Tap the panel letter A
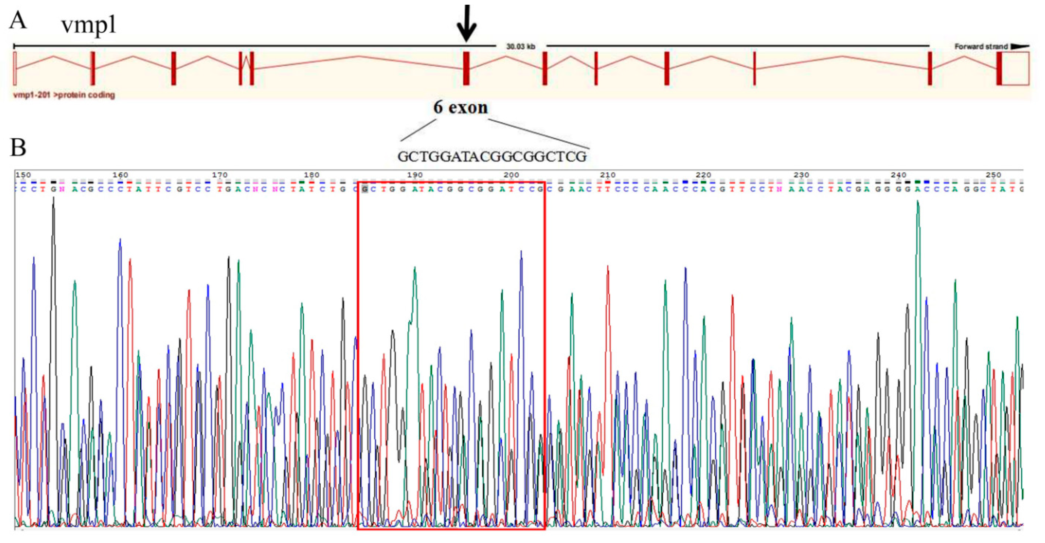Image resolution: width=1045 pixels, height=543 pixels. [x=18, y=20]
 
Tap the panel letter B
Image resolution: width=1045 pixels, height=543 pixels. [x=18, y=147]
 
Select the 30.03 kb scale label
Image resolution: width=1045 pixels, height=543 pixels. [x=521, y=46]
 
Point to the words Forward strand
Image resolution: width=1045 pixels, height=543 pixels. [x=981, y=46]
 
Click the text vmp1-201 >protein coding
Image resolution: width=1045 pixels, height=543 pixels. [x=64, y=95]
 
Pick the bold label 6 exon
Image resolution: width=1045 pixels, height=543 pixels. [x=461, y=107]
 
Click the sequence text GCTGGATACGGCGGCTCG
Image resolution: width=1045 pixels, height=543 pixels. [x=492, y=156]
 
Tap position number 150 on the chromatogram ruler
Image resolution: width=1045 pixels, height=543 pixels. [x=23, y=175]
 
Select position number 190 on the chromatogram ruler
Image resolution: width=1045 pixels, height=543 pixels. [x=415, y=175]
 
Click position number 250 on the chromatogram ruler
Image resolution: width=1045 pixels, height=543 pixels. [x=993, y=175]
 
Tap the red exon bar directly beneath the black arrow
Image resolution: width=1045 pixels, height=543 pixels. [x=467, y=68]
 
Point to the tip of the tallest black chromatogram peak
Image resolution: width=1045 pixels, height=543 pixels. [x=53, y=199]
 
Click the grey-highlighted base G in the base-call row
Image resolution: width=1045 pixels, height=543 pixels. [x=365, y=189]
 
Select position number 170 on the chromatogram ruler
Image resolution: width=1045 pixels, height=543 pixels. [x=219, y=175]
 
